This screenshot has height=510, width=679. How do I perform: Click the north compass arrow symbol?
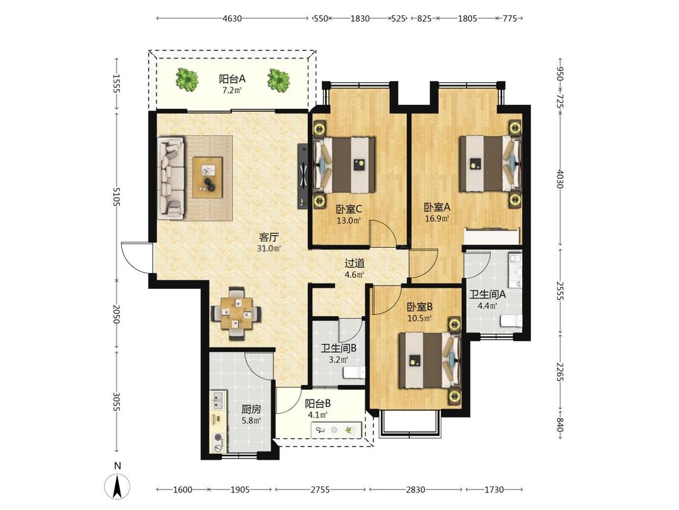point(117,486)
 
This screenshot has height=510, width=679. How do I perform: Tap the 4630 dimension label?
point(232,19)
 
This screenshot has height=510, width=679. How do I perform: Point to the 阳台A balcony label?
point(232,79)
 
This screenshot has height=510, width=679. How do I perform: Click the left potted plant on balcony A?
point(187,80)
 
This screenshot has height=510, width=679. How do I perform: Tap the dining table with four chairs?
point(236,312)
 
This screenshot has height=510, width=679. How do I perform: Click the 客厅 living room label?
point(269,237)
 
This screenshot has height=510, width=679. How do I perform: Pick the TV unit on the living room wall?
point(302,176)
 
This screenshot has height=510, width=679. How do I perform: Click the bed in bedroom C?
point(345,165)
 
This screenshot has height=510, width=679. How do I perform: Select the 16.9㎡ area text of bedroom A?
point(436,219)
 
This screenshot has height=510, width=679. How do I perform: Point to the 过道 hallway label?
point(354,263)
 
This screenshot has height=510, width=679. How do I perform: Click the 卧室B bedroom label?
point(419,307)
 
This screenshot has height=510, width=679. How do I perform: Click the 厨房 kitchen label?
point(251,409)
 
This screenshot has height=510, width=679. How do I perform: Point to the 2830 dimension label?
point(415,489)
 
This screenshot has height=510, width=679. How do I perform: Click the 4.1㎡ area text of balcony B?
point(317,415)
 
